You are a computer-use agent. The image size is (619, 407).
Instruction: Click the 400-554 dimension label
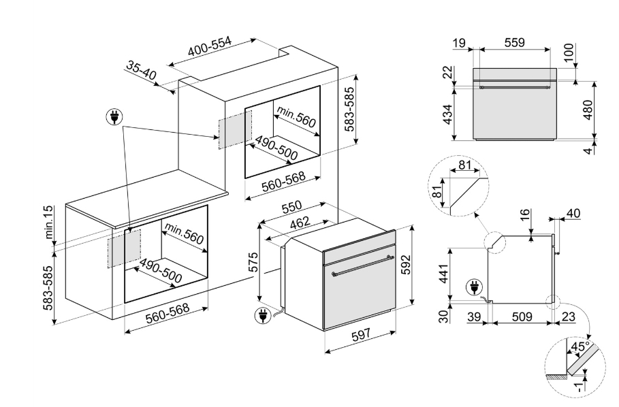tap(210, 47)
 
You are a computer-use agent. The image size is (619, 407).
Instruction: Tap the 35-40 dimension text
tap(142, 70)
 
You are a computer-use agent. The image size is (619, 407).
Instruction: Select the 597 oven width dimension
tap(361, 335)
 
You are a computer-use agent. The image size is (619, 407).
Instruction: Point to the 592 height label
tap(407, 265)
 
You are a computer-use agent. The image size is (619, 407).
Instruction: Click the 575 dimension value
tap(253, 262)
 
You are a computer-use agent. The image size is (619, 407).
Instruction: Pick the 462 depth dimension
tap(300, 223)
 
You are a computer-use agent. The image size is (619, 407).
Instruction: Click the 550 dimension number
tap(291, 207)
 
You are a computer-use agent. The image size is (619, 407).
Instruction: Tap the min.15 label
tap(49, 222)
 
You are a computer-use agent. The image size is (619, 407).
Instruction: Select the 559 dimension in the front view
tap(514, 42)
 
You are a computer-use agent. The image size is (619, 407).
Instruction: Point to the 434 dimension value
tap(447, 114)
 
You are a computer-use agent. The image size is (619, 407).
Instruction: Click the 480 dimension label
tap(588, 110)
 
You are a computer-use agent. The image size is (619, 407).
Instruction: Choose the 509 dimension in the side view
tap(522, 316)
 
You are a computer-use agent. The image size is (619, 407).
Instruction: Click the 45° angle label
tap(580, 347)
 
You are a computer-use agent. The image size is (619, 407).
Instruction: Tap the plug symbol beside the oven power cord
tap(263, 315)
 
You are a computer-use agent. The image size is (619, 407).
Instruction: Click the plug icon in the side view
tap(474, 287)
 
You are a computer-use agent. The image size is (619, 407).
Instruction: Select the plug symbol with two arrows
tap(114, 117)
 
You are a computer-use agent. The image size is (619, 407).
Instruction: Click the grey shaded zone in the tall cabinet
tap(236, 129)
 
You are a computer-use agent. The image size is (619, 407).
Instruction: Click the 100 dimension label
tap(569, 52)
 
